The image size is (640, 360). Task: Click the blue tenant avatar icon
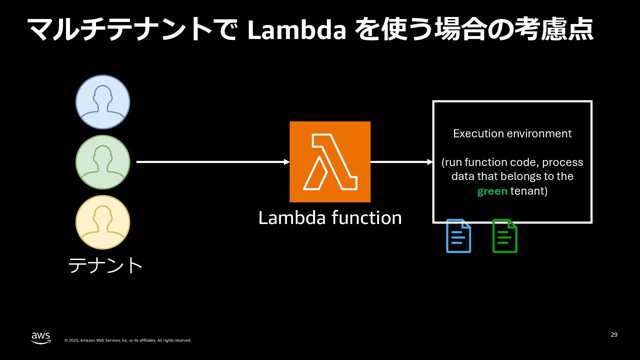click(103, 102)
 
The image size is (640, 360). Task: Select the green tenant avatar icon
click(103, 162)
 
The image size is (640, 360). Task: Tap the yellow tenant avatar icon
click(103, 222)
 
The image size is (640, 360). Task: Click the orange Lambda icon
click(330, 162)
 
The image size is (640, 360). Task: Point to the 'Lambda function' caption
click(330, 218)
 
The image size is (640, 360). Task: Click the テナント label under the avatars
click(105, 265)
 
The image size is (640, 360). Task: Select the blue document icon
click(459, 236)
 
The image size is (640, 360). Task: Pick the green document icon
click(505, 236)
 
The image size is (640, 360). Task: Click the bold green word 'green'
click(492, 191)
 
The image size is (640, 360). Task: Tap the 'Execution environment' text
click(512, 133)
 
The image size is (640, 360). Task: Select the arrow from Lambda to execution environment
click(401, 162)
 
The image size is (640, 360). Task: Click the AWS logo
click(41, 338)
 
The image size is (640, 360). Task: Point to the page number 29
click(614, 335)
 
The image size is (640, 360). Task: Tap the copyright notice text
click(128, 340)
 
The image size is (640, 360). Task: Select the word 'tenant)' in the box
click(529, 191)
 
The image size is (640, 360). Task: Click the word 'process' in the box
click(562, 162)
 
